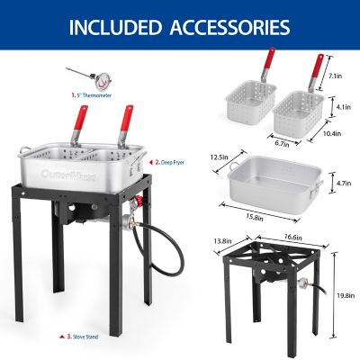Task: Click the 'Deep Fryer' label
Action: pos(170,163)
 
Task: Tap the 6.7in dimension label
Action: pos(279,141)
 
